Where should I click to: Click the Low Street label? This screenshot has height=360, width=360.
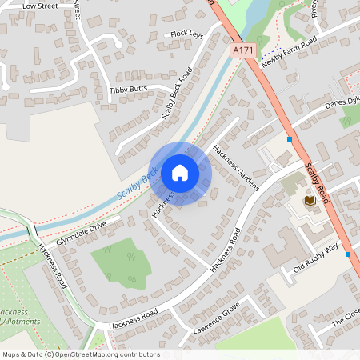(x=41, y=6)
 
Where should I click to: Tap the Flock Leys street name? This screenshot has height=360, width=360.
(x=187, y=35)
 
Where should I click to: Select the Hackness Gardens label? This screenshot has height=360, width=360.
(x=237, y=168)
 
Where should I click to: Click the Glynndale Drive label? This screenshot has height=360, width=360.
(x=81, y=234)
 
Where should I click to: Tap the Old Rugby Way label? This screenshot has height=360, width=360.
(x=316, y=258)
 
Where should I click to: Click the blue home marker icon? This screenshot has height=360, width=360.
(x=180, y=173)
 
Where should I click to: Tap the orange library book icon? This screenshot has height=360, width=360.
(x=310, y=199)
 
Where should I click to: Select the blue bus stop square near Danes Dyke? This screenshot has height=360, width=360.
(x=289, y=139)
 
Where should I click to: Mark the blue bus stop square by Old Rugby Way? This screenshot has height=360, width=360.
(x=348, y=254)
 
